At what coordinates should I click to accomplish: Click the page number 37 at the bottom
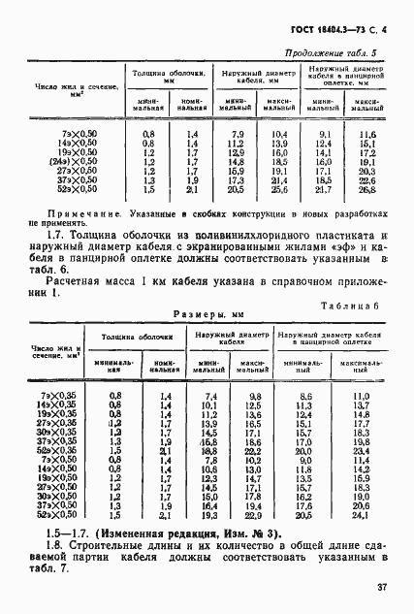[383, 586]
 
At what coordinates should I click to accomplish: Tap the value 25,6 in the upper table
[280, 188]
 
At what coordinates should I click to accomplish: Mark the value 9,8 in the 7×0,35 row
[256, 397]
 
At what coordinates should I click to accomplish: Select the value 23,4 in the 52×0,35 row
[362, 451]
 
